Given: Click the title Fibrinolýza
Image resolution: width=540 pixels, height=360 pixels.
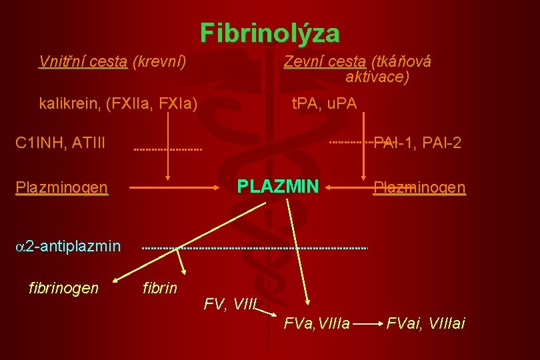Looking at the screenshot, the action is click(x=269, y=33).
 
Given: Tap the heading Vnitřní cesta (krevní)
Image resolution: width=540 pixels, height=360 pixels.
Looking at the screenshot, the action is click(x=112, y=62).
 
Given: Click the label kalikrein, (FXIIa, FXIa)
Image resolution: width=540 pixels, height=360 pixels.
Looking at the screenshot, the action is click(x=118, y=103).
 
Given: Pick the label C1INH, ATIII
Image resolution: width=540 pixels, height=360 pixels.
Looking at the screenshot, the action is click(x=60, y=143).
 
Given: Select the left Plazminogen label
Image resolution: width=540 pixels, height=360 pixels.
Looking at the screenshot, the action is click(x=61, y=188).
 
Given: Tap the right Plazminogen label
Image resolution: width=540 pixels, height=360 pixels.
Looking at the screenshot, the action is click(x=419, y=188).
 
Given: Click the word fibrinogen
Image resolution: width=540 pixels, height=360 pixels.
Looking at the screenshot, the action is click(x=64, y=288).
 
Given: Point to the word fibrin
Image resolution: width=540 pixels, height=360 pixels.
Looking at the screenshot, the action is click(x=160, y=288).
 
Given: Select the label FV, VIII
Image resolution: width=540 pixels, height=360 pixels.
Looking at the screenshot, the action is click(x=229, y=305).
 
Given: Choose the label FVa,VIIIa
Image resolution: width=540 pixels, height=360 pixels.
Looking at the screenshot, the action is click(x=317, y=324).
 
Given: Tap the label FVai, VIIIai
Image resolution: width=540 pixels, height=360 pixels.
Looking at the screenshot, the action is click(x=426, y=324).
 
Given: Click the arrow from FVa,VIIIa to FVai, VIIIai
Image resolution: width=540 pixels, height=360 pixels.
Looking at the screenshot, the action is click(x=367, y=325).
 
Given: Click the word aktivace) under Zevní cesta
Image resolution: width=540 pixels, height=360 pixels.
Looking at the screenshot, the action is click(x=377, y=77).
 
